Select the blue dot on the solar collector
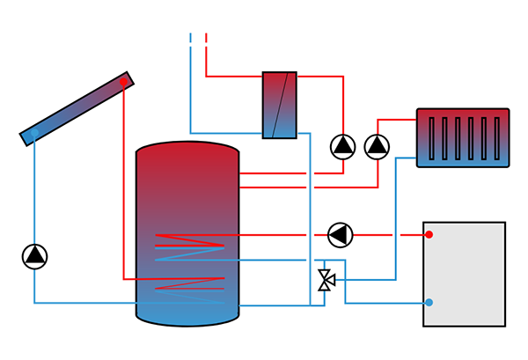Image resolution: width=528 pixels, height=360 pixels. (x=33, y=135)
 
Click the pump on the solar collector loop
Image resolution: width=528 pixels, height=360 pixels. (x=34, y=256)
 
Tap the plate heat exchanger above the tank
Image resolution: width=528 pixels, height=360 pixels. (x=280, y=105)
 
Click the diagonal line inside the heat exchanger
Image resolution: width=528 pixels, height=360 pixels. (x=280, y=105)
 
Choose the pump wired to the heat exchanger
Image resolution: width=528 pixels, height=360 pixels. (x=342, y=146)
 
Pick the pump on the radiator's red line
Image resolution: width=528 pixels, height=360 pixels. (x=377, y=146)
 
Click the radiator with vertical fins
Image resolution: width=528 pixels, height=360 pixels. (x=463, y=138)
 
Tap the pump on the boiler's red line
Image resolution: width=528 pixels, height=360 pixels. (x=339, y=235)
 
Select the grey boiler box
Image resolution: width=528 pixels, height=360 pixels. (x=464, y=274)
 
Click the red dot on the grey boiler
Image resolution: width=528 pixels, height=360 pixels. (x=429, y=235)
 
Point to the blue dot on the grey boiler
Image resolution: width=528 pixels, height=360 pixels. (x=429, y=303)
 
